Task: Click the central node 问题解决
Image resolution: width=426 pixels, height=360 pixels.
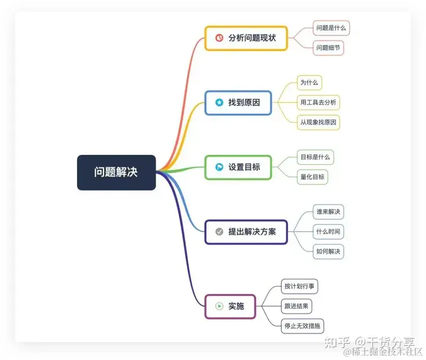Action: coord(117,172)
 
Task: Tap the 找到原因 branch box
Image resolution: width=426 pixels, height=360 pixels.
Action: coord(238,102)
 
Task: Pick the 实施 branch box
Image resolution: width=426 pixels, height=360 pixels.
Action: coord(230,306)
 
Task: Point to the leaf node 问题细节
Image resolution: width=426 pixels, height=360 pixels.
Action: coord(328,48)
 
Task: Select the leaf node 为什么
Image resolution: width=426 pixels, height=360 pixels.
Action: coord(309,83)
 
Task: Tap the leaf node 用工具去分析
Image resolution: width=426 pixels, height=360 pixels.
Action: coord(318,102)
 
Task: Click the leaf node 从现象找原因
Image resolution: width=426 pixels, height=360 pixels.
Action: coord(318,122)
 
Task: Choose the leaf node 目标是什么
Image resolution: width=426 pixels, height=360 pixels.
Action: coord(315,157)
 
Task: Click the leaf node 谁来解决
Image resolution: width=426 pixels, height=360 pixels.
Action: coord(328,212)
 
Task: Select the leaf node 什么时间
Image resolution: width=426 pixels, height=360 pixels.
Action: coord(328,231)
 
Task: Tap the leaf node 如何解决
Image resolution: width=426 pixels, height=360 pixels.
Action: coord(328,251)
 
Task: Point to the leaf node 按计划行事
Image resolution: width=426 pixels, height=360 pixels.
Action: coord(299,286)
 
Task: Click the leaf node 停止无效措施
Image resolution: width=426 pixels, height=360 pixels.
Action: coord(303,325)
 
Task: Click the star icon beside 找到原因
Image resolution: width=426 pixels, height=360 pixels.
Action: coord(218,102)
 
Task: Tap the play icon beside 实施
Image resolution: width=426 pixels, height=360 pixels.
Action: coord(219,306)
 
